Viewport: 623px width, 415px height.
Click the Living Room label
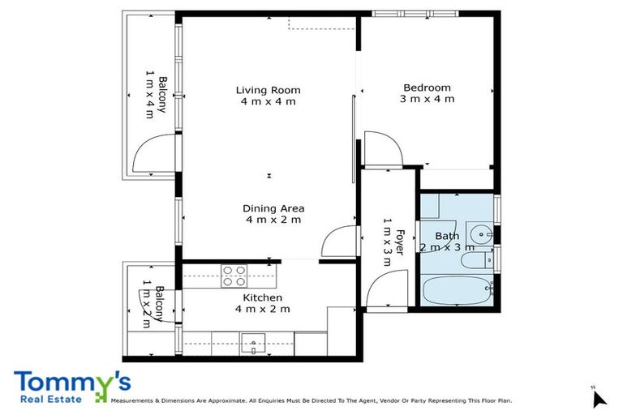point(268,96)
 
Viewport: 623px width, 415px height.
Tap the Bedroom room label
point(427,93)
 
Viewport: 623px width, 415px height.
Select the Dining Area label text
point(273,214)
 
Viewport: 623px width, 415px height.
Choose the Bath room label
point(447,242)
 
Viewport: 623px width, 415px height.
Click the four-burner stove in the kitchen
point(234,276)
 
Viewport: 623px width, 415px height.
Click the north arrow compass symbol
point(599,398)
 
